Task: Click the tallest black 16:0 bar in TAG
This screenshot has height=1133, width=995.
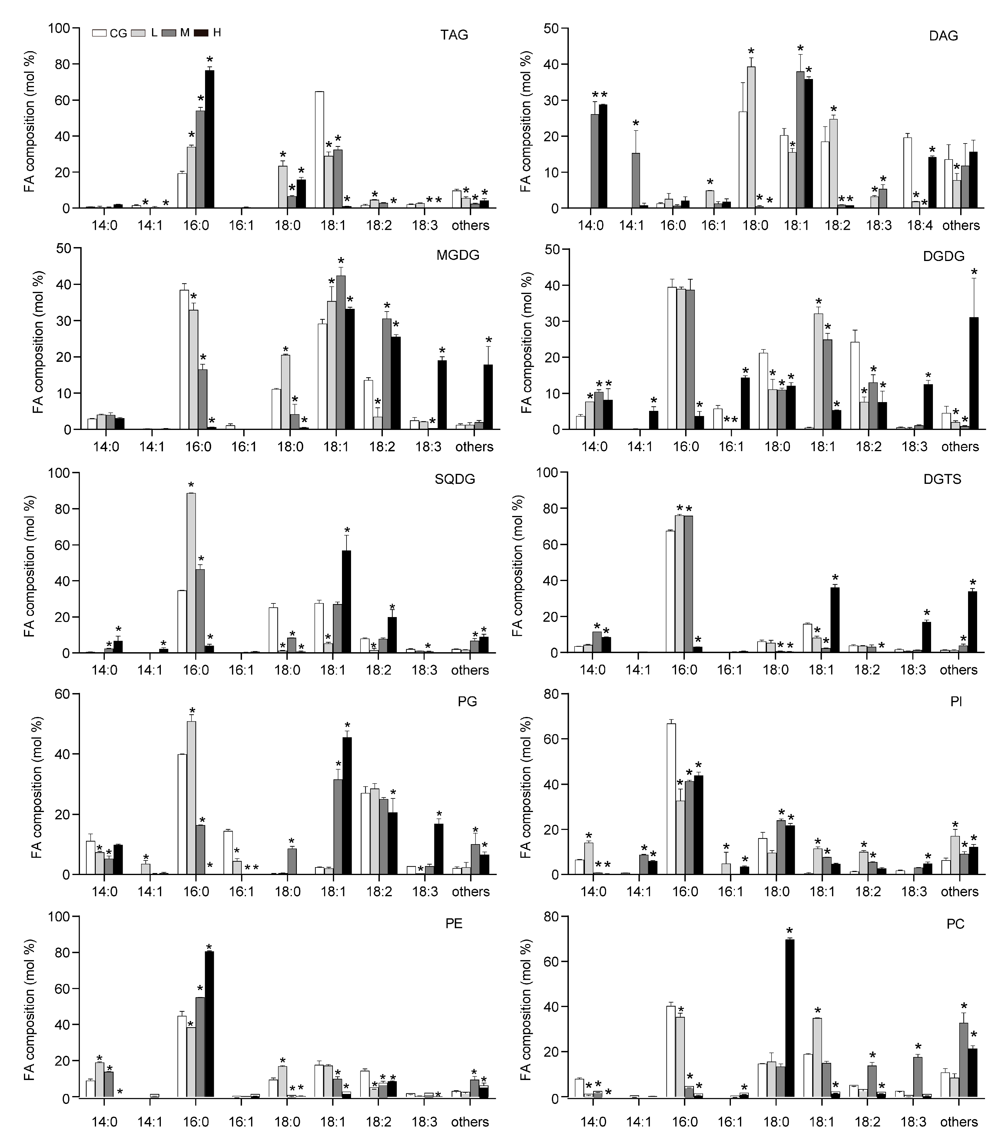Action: tap(210, 139)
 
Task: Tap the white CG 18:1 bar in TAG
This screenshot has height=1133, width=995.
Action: tap(320, 150)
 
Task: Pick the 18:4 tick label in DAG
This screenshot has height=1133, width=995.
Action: tap(920, 226)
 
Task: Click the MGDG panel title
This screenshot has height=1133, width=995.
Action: tap(458, 256)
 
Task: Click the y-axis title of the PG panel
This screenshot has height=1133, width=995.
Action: tap(37, 788)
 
